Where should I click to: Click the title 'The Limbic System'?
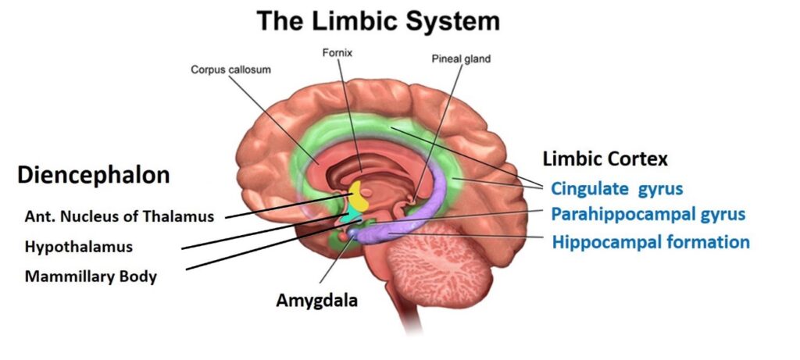pos(380,21)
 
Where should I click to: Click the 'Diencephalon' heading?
pos(93,175)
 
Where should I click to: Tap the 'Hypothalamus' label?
pos(78,247)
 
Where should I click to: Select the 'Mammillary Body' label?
pos(91,276)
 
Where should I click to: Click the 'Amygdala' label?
pos(316,300)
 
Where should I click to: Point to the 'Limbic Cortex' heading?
pos(605,159)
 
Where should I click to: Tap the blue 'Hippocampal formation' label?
pos(651,241)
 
